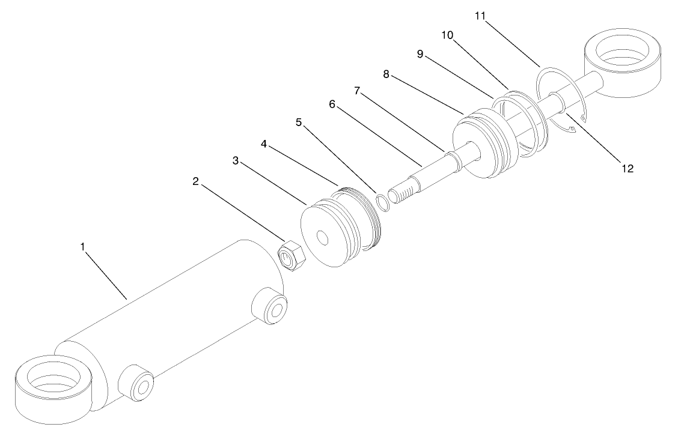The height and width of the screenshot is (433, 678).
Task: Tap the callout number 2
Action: (195, 181)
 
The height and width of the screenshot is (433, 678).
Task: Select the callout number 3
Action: (236, 160)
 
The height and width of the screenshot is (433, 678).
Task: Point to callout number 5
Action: (299, 123)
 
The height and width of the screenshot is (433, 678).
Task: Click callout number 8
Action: (386, 74)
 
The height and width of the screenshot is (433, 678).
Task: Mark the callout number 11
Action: (480, 17)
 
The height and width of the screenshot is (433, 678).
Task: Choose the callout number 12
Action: (627, 169)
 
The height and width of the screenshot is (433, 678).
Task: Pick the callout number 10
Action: (447, 35)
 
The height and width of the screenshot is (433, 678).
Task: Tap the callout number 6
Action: (332, 104)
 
